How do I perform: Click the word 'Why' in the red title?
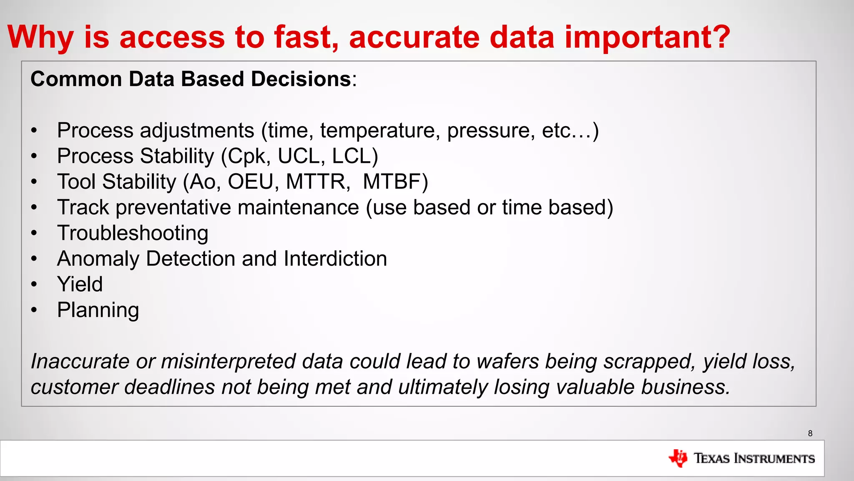tap(40, 38)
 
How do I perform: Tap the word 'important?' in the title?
tap(647, 38)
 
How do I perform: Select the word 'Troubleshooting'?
tap(133, 233)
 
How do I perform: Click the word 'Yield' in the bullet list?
tap(80, 284)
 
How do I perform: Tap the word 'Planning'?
tap(98, 310)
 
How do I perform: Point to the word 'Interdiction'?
tap(335, 258)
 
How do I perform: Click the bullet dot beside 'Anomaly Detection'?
tap(34, 259)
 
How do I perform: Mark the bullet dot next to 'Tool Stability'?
tap(34, 182)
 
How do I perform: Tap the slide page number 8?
tap(810, 433)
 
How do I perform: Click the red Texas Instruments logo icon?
tap(678, 458)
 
